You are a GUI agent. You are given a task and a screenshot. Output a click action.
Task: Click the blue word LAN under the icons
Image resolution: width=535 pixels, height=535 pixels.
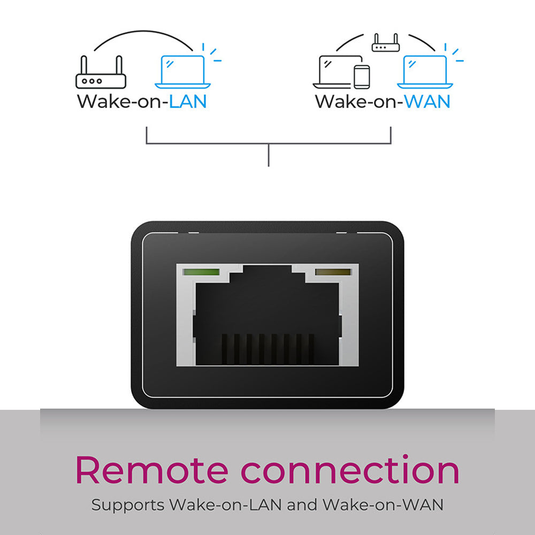pos(188,101)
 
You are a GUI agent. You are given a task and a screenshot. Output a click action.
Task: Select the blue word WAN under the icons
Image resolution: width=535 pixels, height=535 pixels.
pos(426,101)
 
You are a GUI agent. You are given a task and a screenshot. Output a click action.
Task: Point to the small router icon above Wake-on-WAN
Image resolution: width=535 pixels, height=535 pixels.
pos(386,43)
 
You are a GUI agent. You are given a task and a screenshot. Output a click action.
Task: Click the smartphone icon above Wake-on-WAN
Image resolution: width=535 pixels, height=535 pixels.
pos(362,77)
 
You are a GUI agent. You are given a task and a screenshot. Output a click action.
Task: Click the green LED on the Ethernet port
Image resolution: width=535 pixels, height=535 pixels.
pos(201,272)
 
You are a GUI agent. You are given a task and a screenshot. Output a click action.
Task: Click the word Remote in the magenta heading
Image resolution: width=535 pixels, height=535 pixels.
pos(151,470)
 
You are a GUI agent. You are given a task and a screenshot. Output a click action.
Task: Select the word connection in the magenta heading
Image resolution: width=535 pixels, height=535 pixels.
pos(350,470)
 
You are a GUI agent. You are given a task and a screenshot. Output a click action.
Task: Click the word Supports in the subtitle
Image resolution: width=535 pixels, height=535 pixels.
pos(127,505)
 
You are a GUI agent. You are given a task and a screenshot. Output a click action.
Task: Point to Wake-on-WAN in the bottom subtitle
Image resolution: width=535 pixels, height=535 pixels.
pos(383,505)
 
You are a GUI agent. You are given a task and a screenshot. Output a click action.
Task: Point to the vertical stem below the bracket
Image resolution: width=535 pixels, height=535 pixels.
pos(268,155)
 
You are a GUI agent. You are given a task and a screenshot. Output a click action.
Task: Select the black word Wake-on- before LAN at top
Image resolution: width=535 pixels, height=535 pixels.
pos(123,101)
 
